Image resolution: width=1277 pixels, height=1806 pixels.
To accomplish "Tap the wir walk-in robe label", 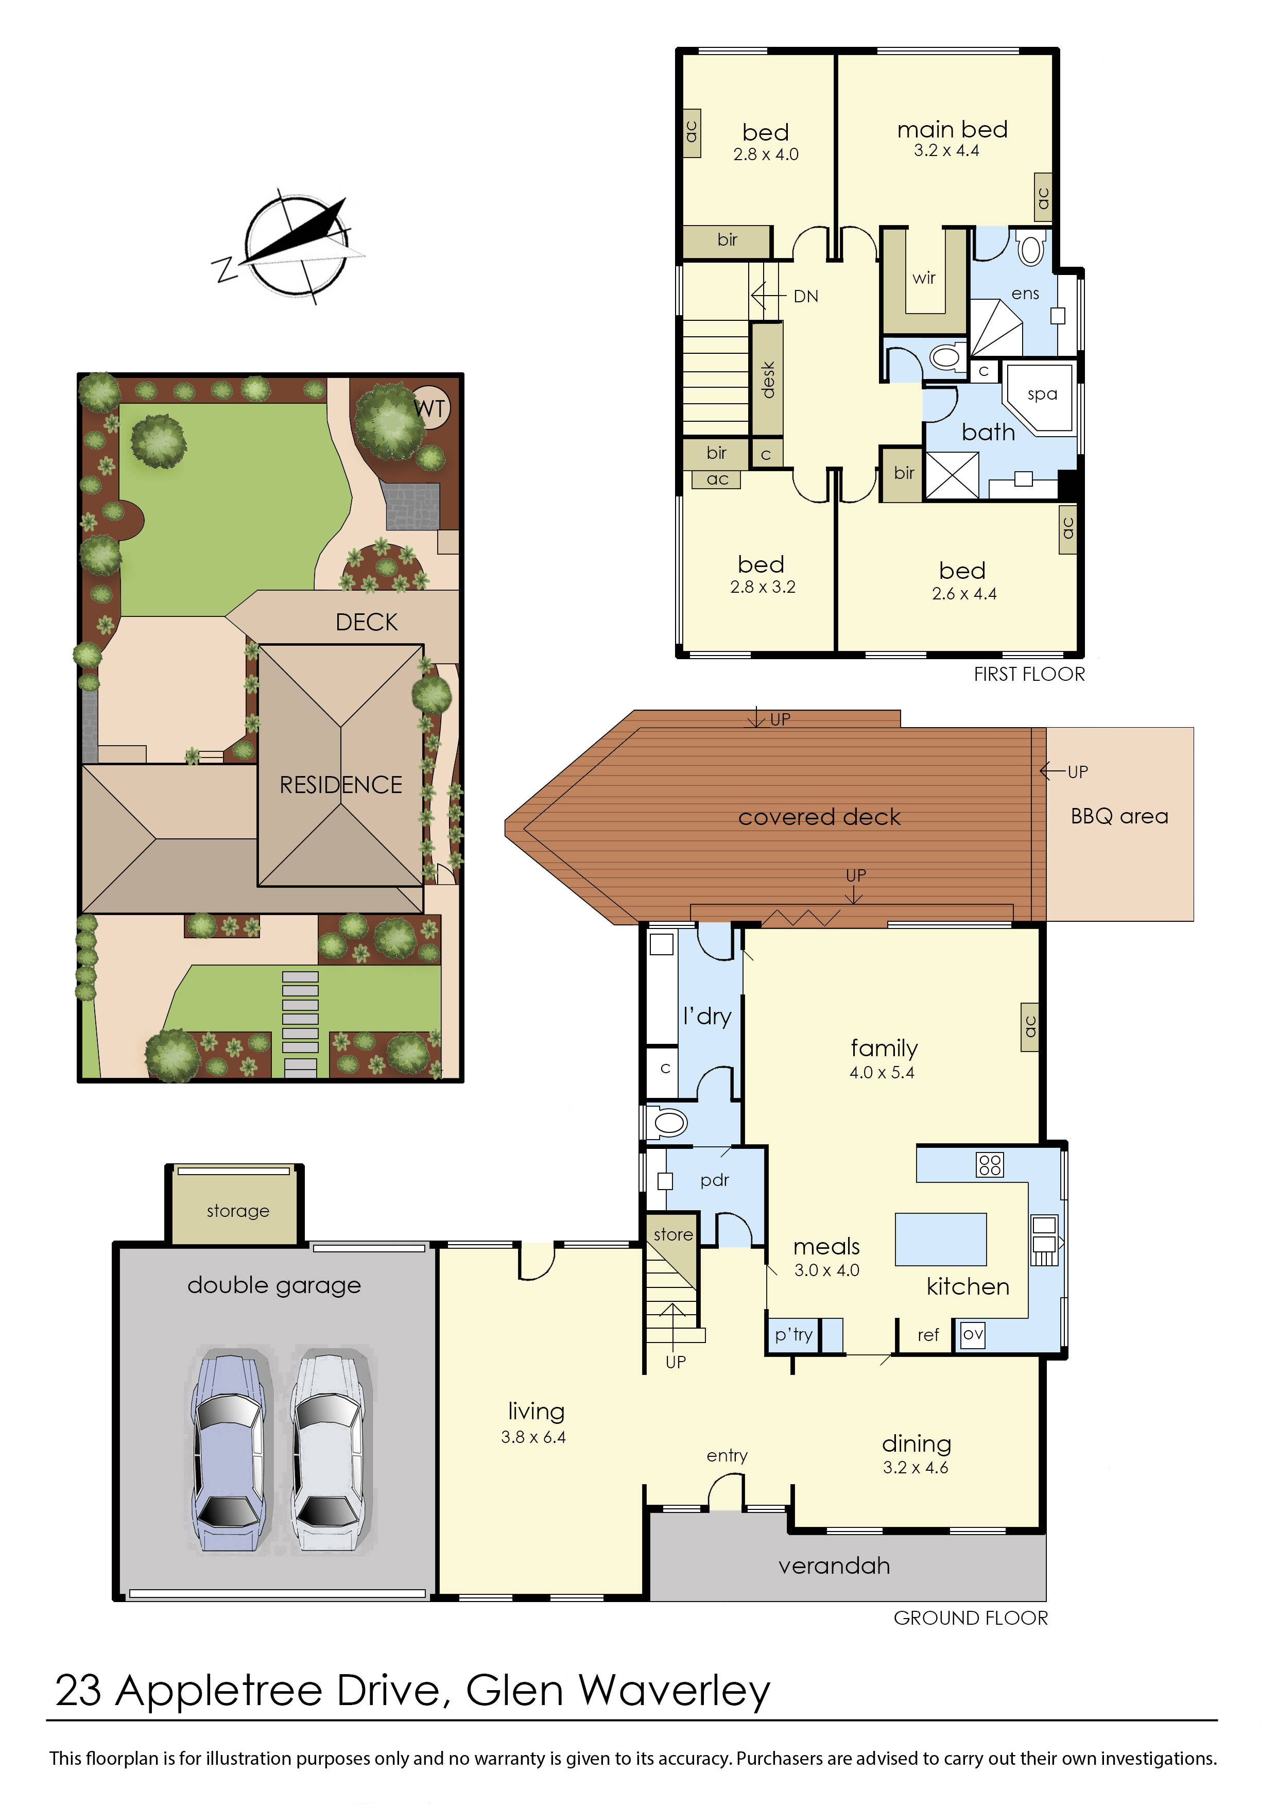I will pyautogui.click(x=924, y=278).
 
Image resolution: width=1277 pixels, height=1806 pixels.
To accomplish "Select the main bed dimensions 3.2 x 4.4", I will pyautogui.click(x=946, y=151).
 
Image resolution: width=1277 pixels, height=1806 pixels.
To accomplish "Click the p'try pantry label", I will pyautogui.click(x=793, y=1334).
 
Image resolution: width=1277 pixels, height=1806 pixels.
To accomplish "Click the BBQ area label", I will pyautogui.click(x=1119, y=816).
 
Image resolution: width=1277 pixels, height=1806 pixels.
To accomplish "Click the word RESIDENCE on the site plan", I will pyautogui.click(x=340, y=784).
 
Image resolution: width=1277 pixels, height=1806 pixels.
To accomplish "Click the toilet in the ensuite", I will pyautogui.click(x=1030, y=250).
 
